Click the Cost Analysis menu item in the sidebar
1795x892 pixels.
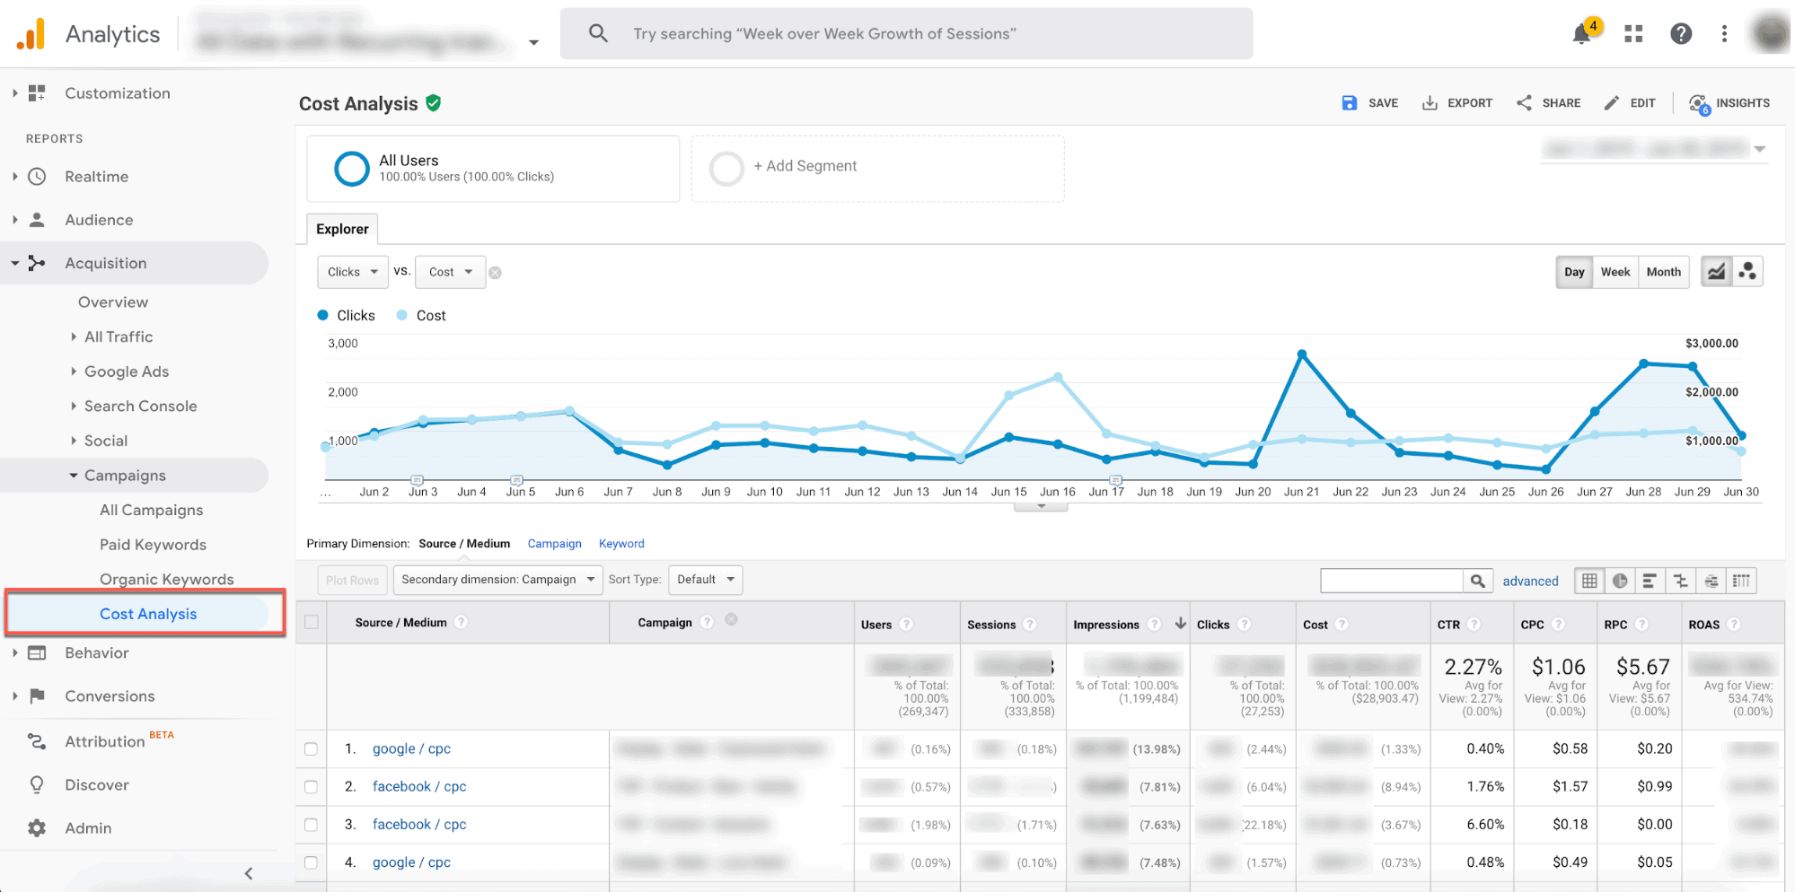(x=148, y=614)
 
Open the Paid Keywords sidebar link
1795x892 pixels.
(x=153, y=545)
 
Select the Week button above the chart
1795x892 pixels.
(x=1615, y=272)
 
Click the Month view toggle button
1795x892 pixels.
(x=1663, y=272)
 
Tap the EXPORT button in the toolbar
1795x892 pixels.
(x=1457, y=103)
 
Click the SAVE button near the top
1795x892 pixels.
(x=1370, y=103)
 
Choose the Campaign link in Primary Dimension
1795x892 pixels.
(x=554, y=544)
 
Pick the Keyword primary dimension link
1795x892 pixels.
(x=621, y=544)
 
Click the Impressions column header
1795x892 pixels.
(x=1105, y=625)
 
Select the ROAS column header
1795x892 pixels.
(x=1703, y=625)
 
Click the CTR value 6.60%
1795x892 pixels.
(x=1485, y=825)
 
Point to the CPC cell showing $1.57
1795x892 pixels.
(x=1570, y=787)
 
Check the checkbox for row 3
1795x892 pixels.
(x=311, y=825)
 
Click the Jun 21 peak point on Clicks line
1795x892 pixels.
(x=1302, y=354)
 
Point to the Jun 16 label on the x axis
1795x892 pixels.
(x=1057, y=492)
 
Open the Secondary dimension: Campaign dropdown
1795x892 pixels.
(x=497, y=580)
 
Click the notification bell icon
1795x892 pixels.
(x=1581, y=34)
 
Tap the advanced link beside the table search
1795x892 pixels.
(x=1530, y=582)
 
